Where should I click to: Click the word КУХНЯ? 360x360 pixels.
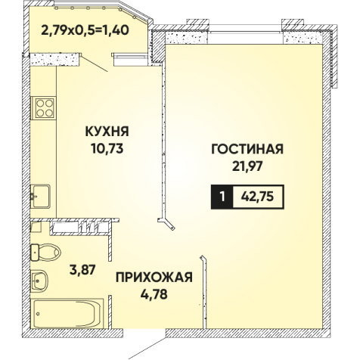[x=107, y=132]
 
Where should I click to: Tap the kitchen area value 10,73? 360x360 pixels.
[x=107, y=149]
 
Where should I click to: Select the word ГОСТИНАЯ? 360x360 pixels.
[x=247, y=149]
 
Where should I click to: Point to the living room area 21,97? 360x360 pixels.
[x=247, y=166]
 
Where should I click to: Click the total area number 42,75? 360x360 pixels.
[x=257, y=197]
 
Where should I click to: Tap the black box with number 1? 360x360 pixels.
[x=222, y=197]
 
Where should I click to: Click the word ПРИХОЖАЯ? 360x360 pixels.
[x=154, y=277]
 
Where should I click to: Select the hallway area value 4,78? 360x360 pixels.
[x=154, y=294]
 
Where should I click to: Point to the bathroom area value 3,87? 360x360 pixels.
[x=82, y=270]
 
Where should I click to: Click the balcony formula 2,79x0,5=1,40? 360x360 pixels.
[x=85, y=30]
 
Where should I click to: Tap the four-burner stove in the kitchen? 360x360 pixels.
[x=44, y=108]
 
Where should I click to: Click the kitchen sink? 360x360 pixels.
[x=40, y=197]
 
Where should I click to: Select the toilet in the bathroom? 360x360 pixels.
[x=45, y=253]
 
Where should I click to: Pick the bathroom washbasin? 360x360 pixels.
[x=39, y=281]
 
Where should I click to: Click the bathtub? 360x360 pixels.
[x=68, y=313]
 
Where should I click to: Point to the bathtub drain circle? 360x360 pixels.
[x=38, y=314]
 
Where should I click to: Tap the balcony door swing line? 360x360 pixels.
[x=95, y=64]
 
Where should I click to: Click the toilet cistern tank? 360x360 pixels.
[x=35, y=253]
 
